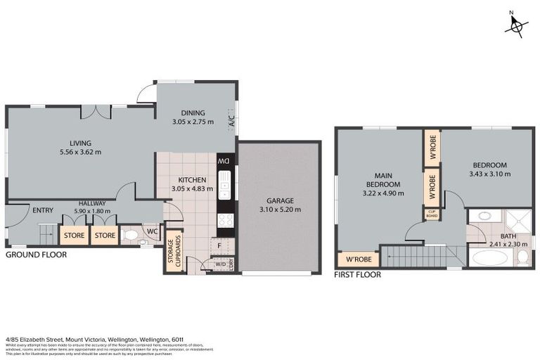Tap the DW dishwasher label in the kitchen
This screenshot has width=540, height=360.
click(x=226, y=162)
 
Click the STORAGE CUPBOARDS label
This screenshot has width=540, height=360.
click(x=173, y=250)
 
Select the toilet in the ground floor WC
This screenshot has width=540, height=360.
click(x=131, y=235)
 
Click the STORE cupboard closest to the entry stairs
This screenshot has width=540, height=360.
click(x=74, y=235)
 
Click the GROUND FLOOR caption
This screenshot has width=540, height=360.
click(x=36, y=255)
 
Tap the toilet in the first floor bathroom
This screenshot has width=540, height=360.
click(x=522, y=257)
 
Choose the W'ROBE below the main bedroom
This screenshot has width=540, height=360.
click(x=359, y=259)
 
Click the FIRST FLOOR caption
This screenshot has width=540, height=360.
click(x=357, y=275)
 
